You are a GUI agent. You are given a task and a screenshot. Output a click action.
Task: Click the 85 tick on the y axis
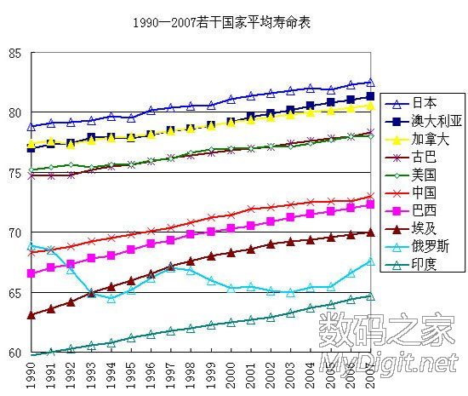click(x=14, y=53)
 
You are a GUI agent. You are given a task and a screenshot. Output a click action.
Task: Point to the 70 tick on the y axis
click(x=14, y=232)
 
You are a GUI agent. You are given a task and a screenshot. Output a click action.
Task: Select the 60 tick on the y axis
click(x=14, y=353)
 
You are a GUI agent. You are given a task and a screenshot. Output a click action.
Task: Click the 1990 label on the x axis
click(x=31, y=375)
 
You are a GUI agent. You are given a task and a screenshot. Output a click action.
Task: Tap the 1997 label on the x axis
click(x=170, y=375)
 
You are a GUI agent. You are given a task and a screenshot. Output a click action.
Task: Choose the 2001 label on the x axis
click(x=250, y=375)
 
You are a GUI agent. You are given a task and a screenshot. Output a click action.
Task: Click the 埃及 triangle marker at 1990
click(x=31, y=315)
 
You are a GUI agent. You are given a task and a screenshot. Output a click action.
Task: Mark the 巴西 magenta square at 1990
click(x=31, y=273)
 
